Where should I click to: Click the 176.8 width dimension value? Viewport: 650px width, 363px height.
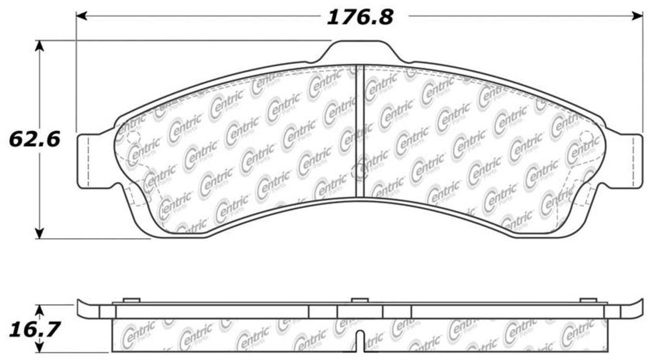click(x=360, y=17)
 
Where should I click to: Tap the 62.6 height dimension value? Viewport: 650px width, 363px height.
click(x=34, y=139)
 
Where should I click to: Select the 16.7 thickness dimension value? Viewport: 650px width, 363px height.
click(x=34, y=329)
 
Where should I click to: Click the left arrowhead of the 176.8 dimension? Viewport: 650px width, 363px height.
click(x=81, y=16)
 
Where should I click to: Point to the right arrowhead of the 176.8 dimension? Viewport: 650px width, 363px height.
click(x=638, y=16)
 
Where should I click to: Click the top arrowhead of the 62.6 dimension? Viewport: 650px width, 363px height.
click(x=39, y=46)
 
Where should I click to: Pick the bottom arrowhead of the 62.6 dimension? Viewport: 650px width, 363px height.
click(x=39, y=233)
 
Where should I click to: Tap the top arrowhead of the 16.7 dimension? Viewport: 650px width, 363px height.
click(x=39, y=310)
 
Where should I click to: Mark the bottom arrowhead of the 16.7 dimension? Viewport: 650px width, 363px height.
click(x=39, y=347)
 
